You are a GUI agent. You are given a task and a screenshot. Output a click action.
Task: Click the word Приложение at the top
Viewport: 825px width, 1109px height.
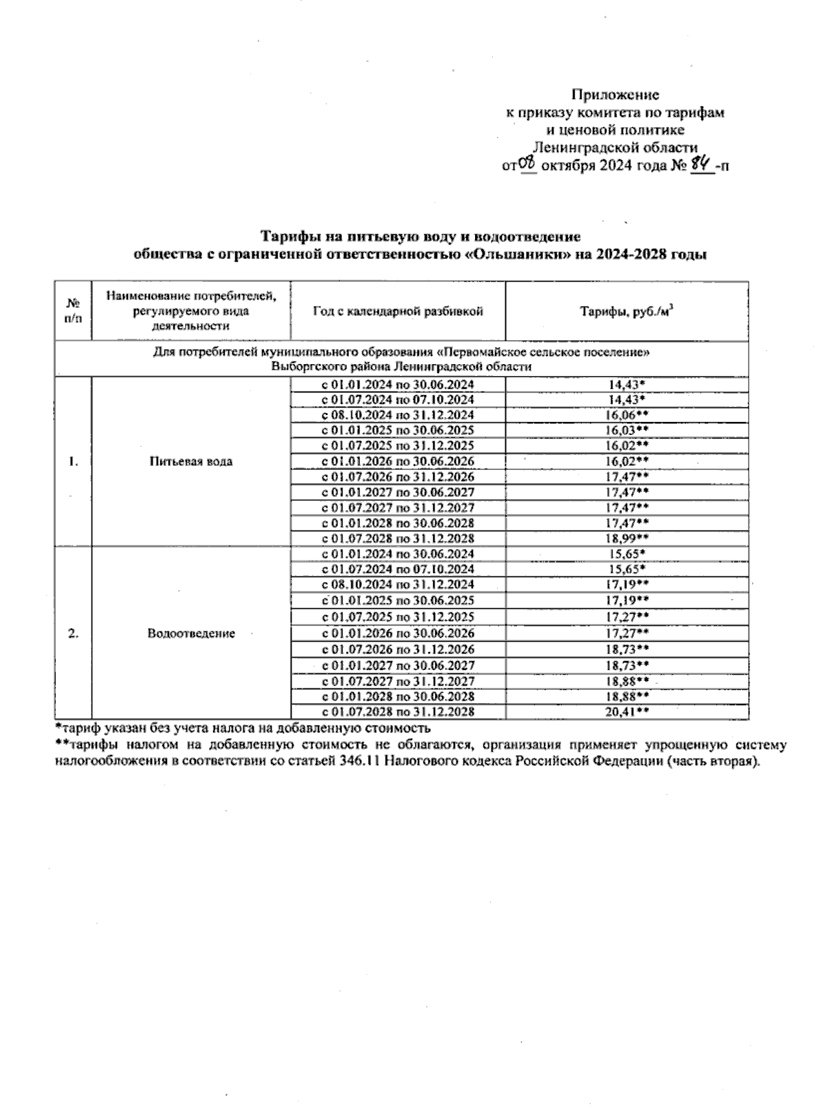point(615,95)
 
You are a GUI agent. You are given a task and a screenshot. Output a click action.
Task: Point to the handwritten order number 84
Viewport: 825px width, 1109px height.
point(701,164)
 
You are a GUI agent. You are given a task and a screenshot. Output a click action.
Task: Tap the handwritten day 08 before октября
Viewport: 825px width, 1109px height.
point(527,163)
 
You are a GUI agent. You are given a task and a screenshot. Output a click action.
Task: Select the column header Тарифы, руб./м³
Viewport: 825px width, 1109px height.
point(626,311)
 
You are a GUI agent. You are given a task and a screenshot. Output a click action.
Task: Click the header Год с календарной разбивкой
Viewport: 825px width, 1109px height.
point(398,311)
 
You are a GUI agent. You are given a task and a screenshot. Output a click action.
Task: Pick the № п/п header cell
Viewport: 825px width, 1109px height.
point(73,311)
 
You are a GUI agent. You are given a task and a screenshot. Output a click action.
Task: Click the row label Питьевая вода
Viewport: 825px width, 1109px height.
point(191,461)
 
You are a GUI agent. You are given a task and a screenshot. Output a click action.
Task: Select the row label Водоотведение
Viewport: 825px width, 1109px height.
point(191,634)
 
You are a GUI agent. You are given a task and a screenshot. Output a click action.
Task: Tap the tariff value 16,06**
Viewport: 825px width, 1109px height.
point(626,415)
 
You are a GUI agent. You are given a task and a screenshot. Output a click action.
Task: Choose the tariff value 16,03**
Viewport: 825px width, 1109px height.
point(626,431)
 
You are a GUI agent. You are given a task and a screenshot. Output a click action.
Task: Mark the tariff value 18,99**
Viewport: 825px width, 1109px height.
point(626,539)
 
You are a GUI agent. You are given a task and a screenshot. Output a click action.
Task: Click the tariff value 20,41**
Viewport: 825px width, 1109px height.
point(626,713)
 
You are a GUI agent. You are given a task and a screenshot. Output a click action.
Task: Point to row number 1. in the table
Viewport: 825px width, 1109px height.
point(73,461)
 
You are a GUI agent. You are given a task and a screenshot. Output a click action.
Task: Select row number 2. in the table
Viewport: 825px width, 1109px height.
point(73,634)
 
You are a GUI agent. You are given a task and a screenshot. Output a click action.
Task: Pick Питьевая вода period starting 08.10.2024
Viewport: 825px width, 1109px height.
point(398,415)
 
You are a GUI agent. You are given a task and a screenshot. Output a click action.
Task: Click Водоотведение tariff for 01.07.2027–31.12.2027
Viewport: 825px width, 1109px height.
point(626,681)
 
